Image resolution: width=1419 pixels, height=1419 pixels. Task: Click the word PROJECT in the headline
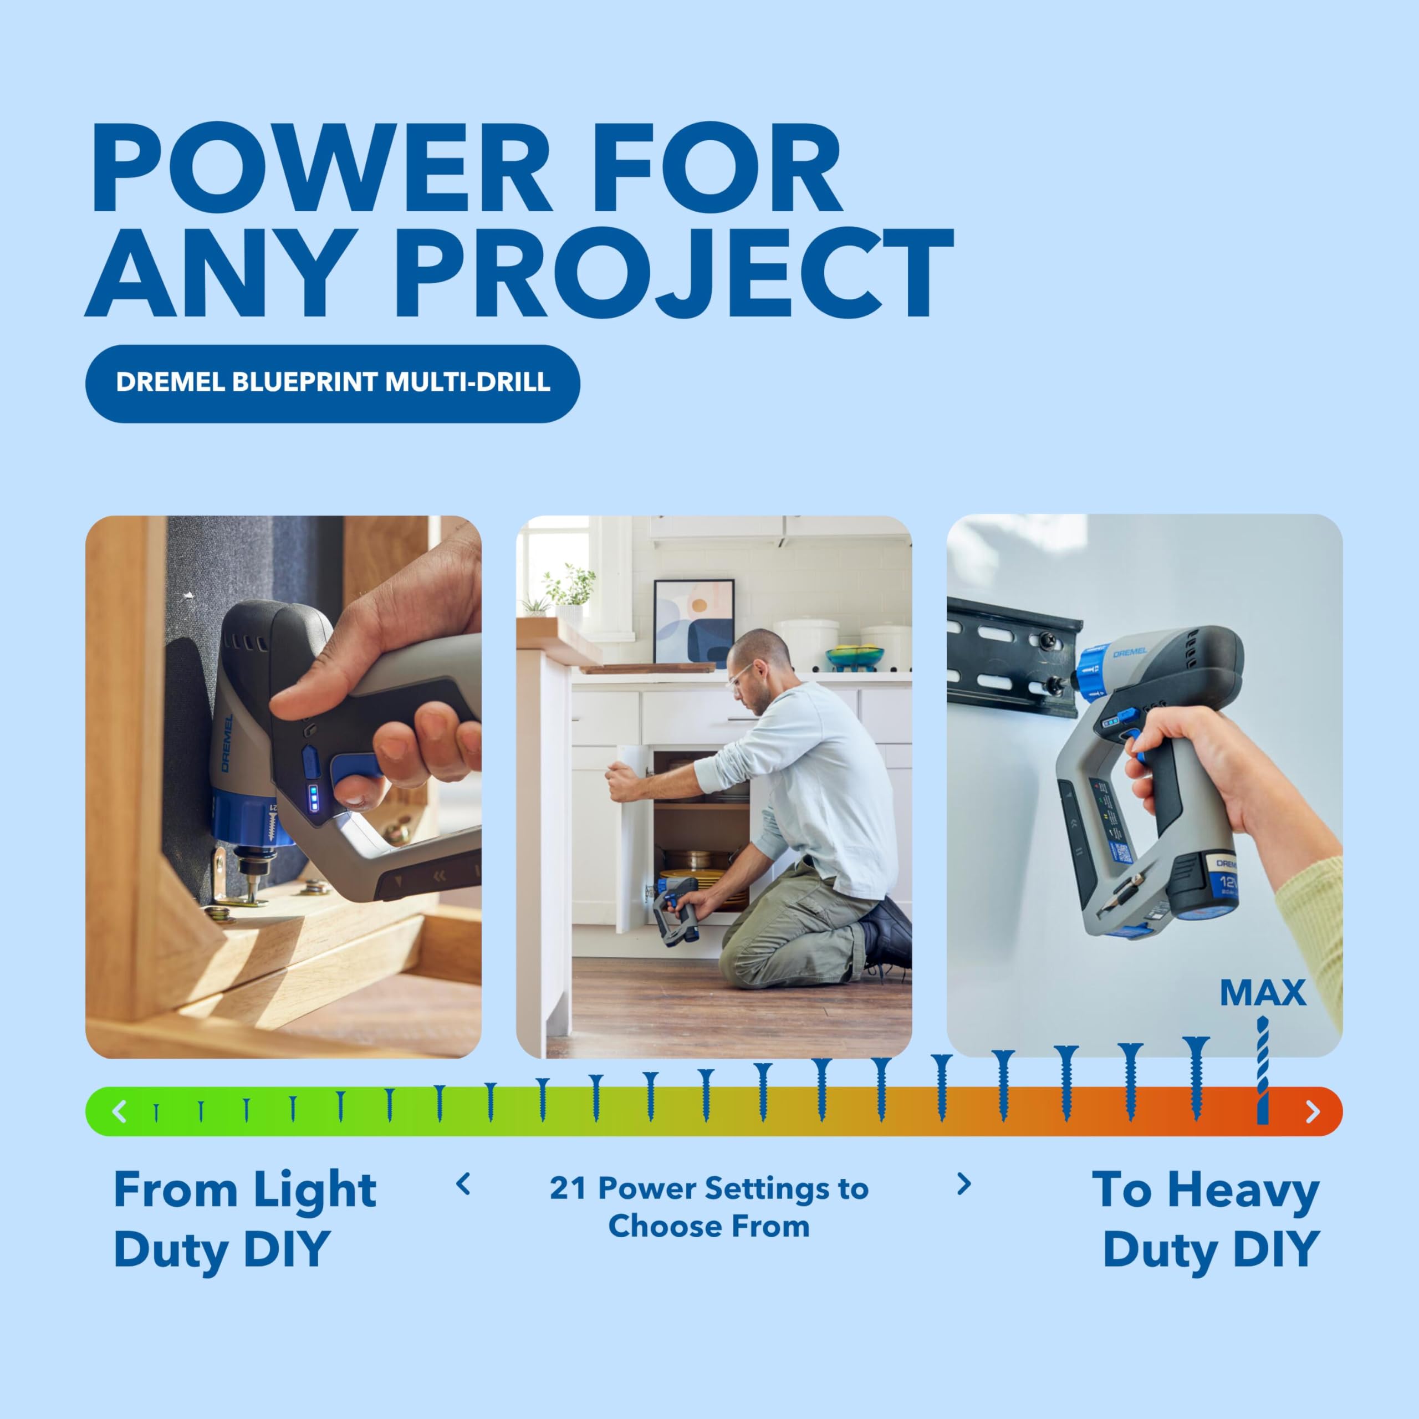(674, 273)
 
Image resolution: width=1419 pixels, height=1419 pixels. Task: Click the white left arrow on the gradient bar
(119, 1110)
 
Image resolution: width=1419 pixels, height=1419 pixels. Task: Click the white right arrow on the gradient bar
(1313, 1111)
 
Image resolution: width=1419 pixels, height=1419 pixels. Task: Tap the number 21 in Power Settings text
(567, 1188)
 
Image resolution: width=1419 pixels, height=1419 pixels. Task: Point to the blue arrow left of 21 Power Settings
(463, 1184)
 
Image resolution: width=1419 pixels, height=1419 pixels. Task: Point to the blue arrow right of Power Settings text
(964, 1184)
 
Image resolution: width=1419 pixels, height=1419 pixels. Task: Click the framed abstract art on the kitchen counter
(693, 622)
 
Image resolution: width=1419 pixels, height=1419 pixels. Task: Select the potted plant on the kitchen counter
(569, 594)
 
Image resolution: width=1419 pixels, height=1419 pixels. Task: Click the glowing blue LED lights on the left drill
(314, 798)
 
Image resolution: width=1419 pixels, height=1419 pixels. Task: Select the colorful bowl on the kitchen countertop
(854, 656)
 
